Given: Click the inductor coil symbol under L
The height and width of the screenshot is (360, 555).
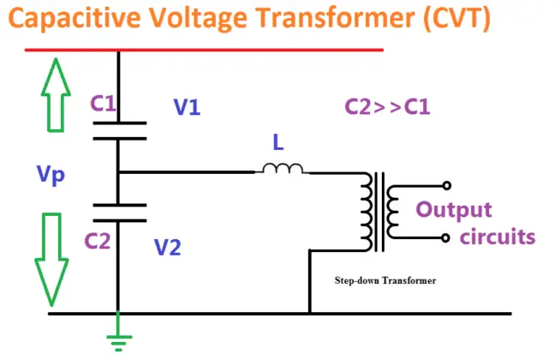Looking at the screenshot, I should click(x=282, y=171).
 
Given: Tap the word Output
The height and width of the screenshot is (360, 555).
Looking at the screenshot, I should click(x=454, y=210).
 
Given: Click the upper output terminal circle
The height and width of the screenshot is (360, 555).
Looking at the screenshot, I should click(x=445, y=185).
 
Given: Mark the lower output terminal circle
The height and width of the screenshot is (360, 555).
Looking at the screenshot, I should click(x=445, y=237).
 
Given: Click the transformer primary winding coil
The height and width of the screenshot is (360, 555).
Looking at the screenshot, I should click(x=367, y=210).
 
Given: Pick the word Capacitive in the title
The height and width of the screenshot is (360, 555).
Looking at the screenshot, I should click(x=77, y=18).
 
